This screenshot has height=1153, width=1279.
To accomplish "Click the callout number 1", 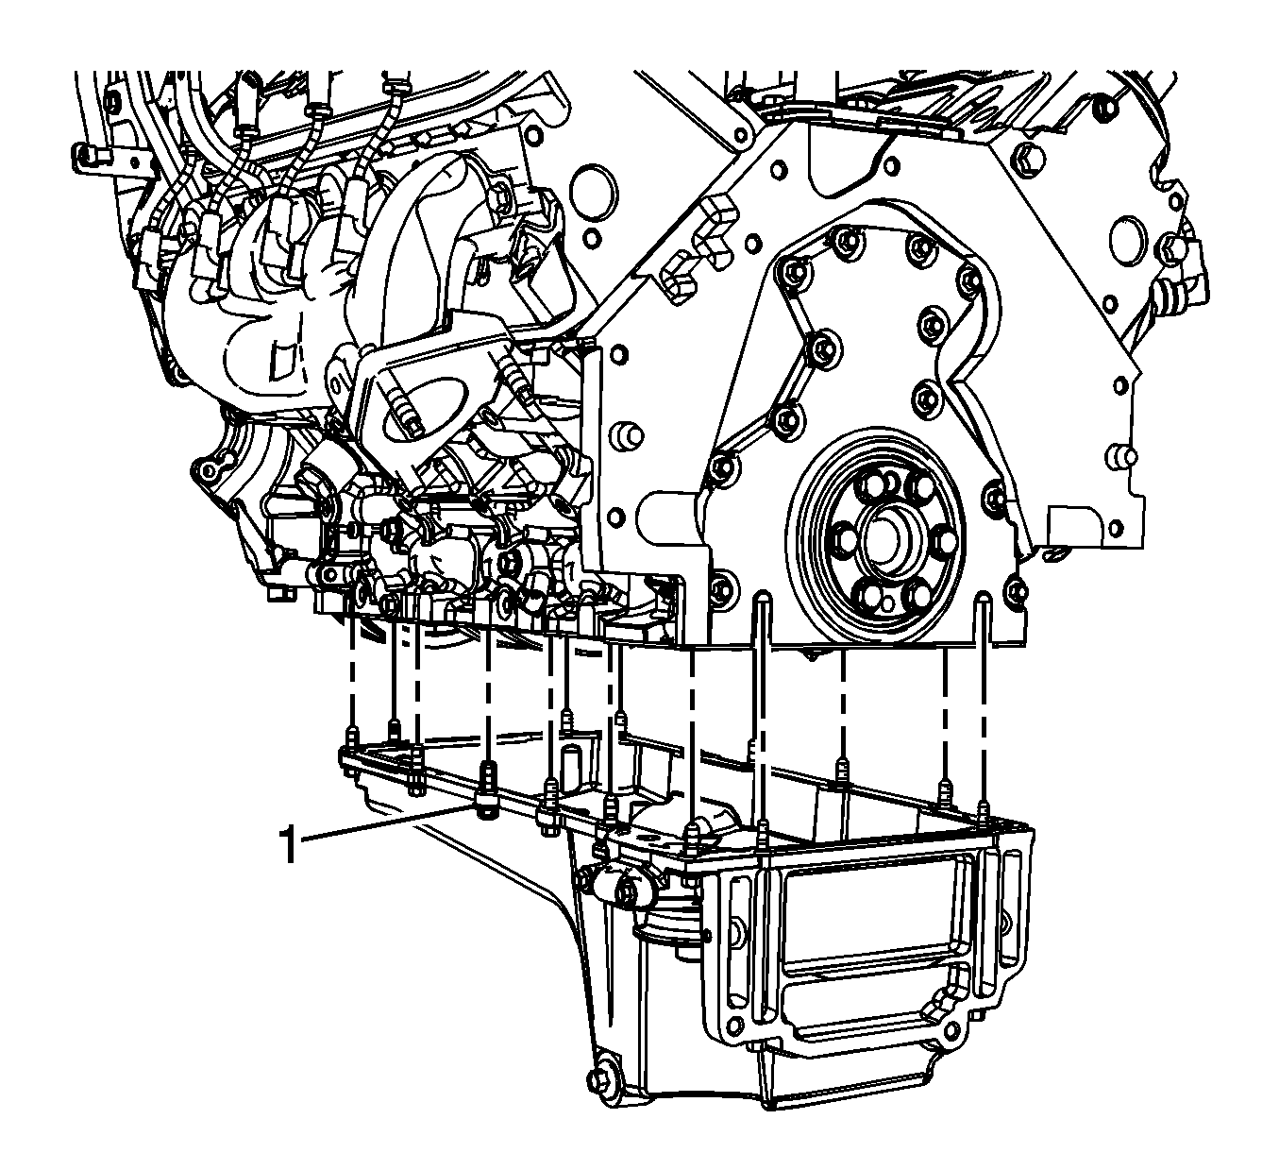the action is point(290,843).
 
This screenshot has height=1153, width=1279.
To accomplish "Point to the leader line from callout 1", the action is point(385,824).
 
